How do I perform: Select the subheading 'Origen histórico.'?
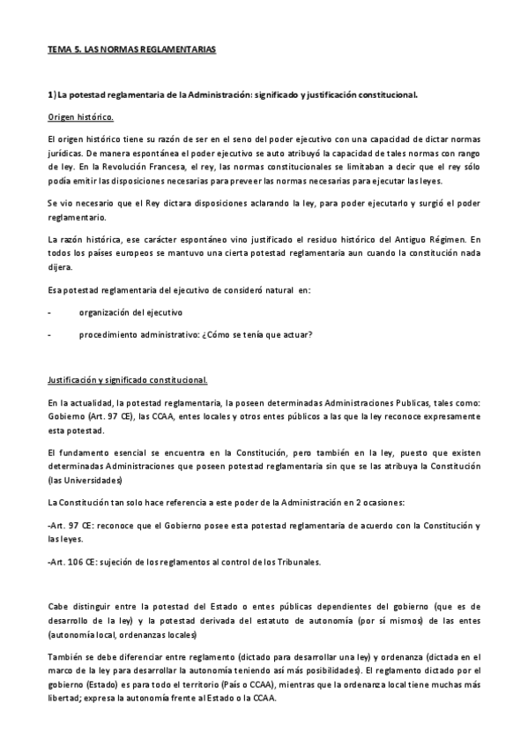click(80, 117)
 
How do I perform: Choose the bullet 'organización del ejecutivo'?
click(131, 311)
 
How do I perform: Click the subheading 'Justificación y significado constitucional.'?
click(127, 380)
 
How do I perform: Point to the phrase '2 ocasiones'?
click(376, 502)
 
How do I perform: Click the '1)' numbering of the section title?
click(52, 94)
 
